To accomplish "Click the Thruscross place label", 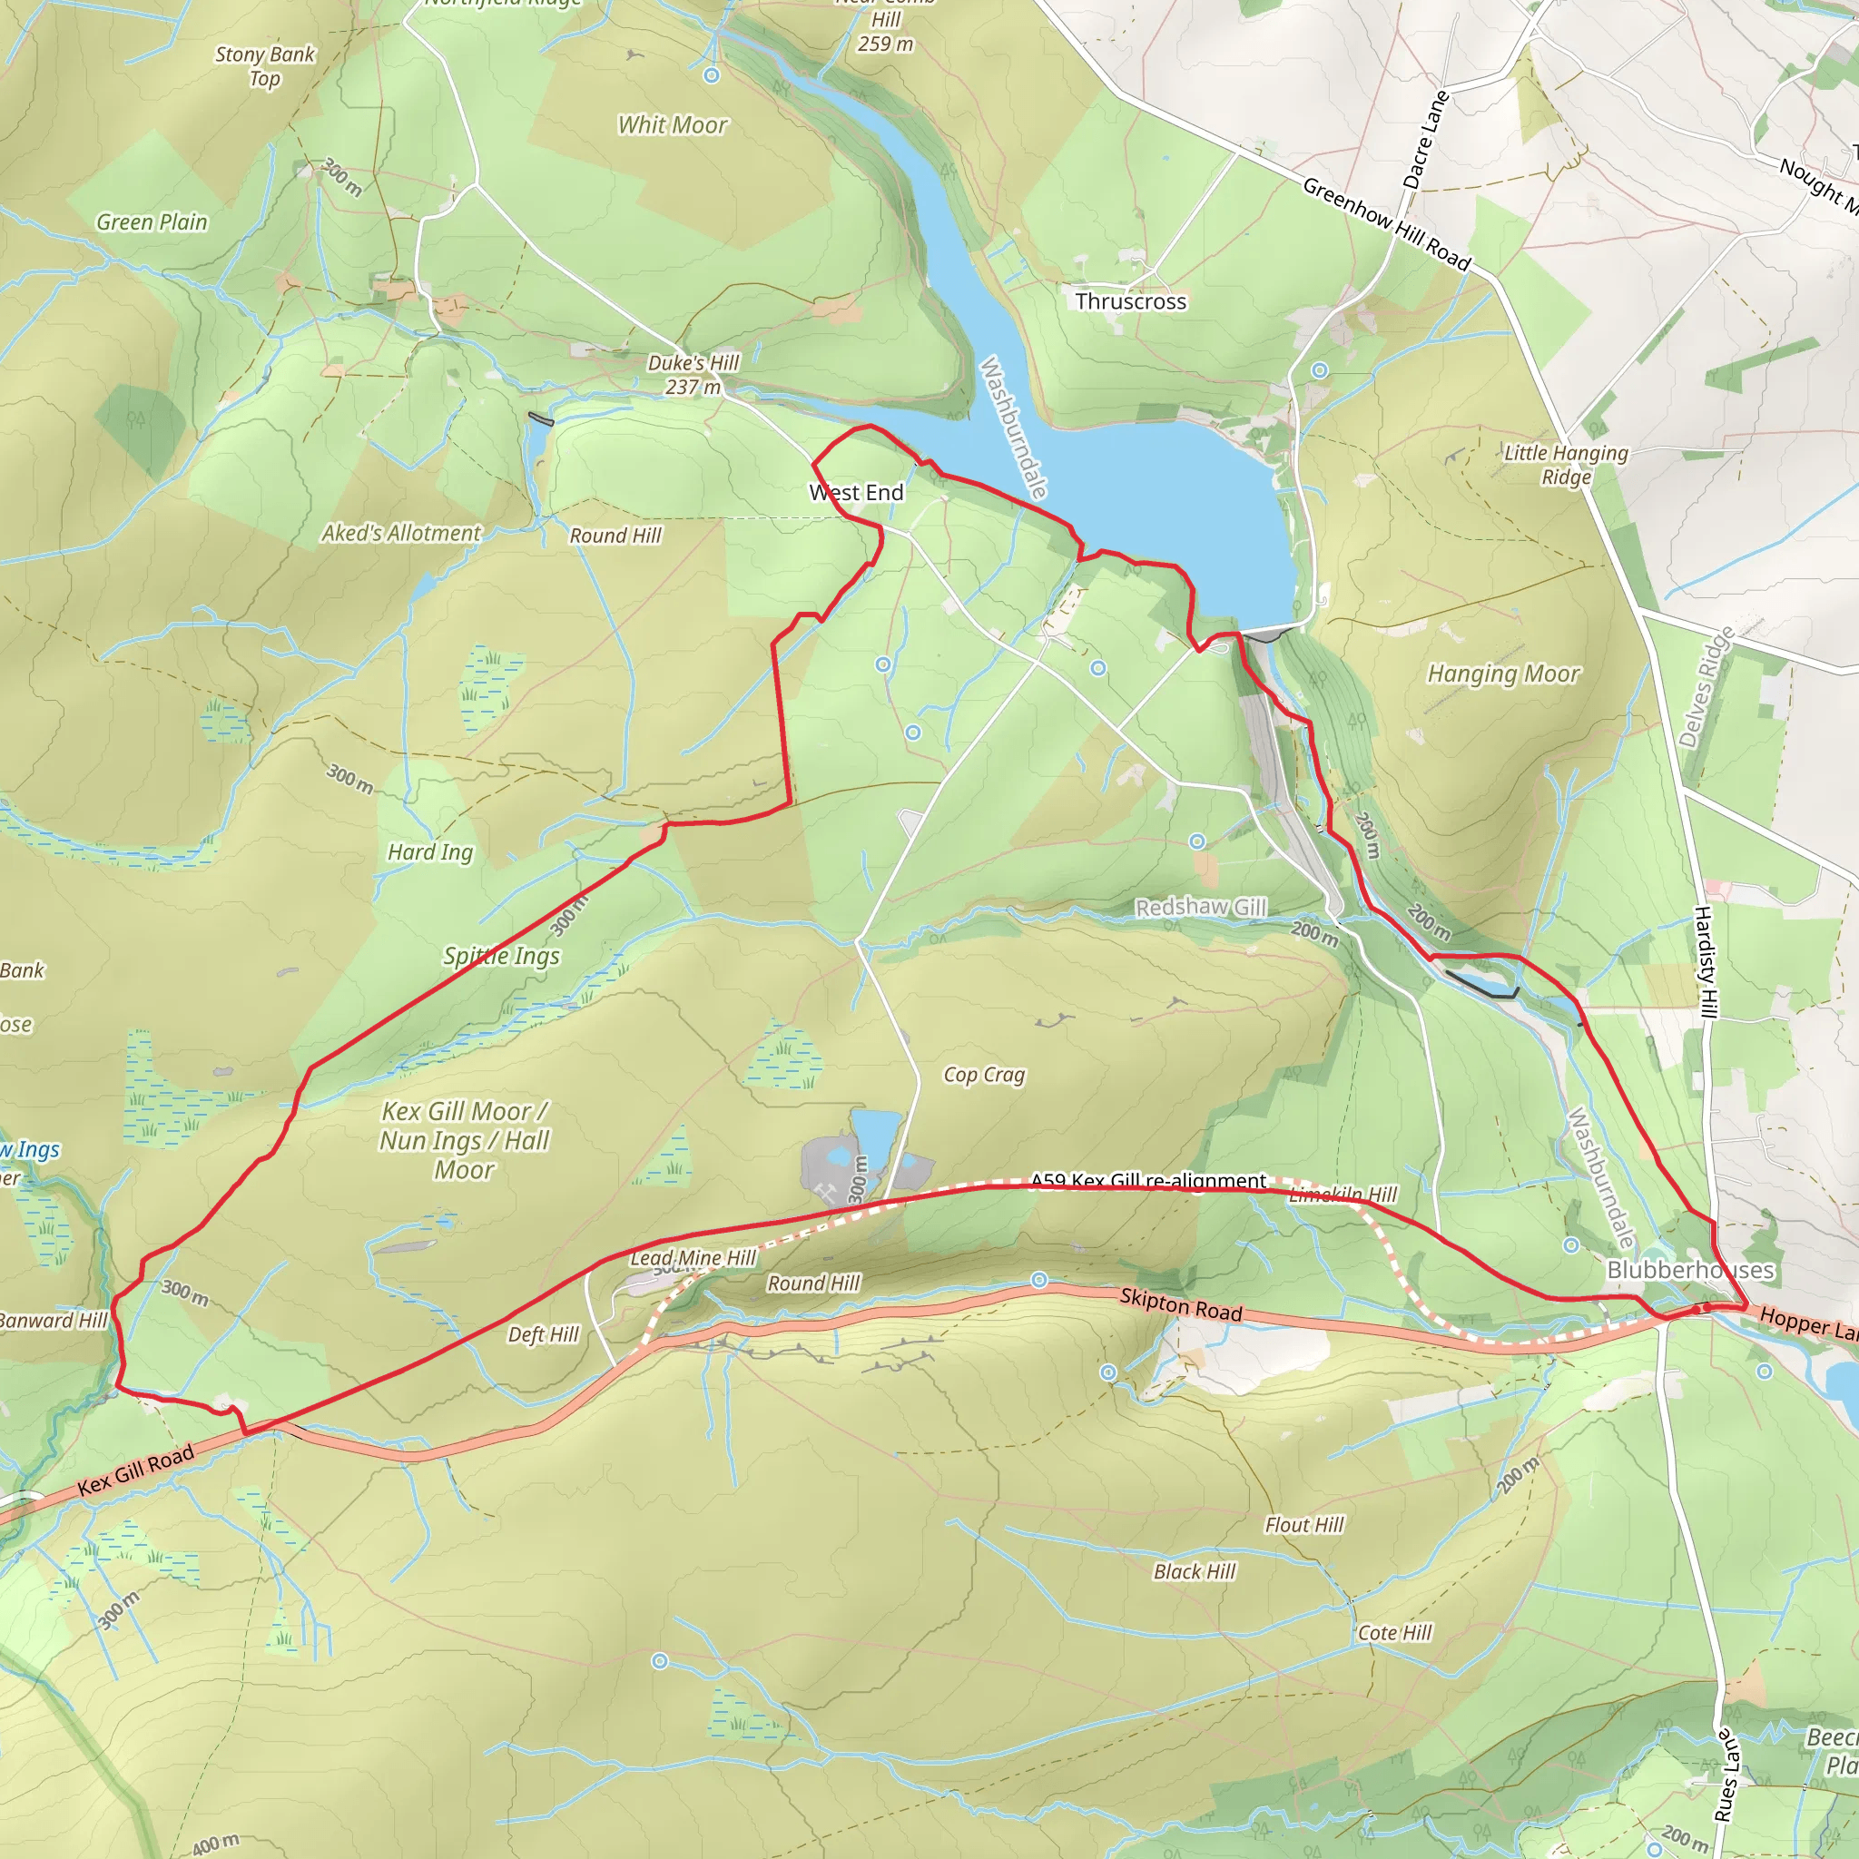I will [x=1131, y=301].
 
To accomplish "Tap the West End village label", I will [x=856, y=493].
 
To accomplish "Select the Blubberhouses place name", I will [x=1690, y=1270].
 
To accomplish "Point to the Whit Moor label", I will [x=673, y=125].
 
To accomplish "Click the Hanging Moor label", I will [x=1503, y=674].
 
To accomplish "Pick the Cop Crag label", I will [x=983, y=1075].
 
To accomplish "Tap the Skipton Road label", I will [x=1181, y=1304].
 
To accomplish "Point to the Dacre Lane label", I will [x=1425, y=141].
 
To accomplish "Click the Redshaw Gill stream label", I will [x=1201, y=908].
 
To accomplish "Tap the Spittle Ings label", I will [x=501, y=956].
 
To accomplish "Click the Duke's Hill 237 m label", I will [x=693, y=374].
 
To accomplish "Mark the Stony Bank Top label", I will [x=265, y=66].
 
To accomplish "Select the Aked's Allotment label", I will [x=400, y=533].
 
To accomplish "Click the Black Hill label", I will [x=1195, y=1571].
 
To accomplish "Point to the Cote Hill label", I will [x=1394, y=1633].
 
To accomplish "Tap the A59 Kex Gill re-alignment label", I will [x=1148, y=1181].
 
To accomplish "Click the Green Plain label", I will [x=152, y=222].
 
